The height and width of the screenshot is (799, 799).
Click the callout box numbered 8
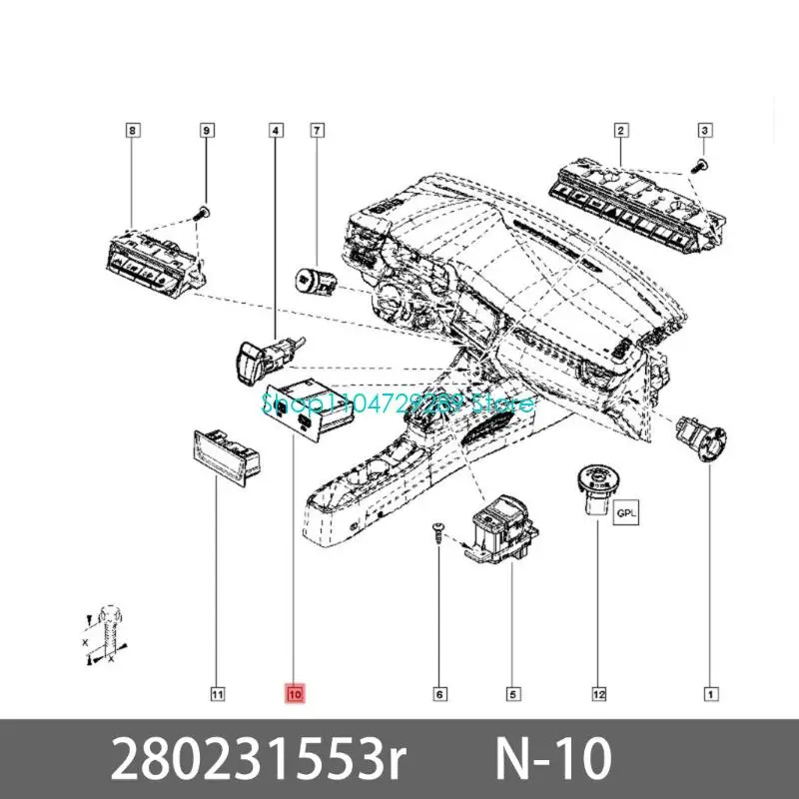133,130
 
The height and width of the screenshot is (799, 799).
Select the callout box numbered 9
206,130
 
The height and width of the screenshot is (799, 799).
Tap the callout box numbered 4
275,130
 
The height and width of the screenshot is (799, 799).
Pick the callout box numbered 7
317,130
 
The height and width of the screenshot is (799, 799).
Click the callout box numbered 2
620,130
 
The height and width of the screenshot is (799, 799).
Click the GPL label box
625,515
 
